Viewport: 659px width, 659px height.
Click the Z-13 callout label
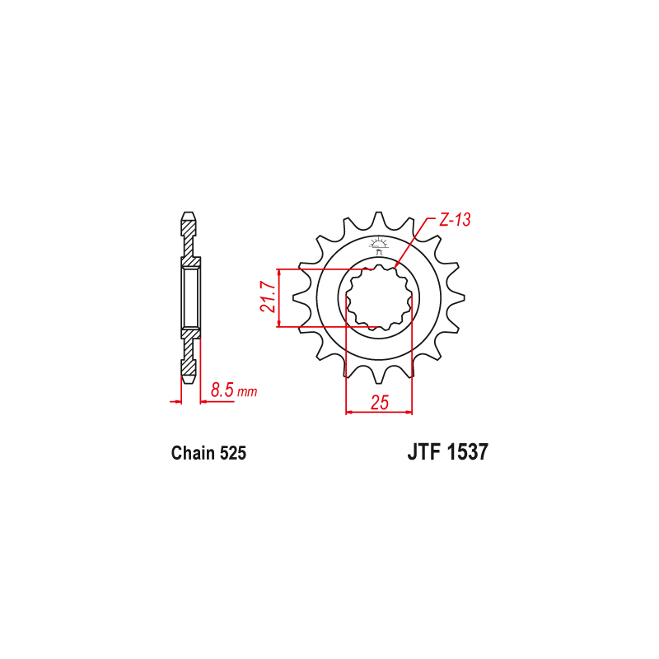coord(453,220)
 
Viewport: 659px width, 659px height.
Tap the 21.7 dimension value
coord(266,297)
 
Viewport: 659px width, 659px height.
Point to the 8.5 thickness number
coord(222,390)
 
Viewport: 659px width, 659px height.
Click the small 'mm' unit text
coord(247,392)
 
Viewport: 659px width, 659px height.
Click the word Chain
coord(192,453)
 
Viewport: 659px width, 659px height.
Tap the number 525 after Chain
coord(231,453)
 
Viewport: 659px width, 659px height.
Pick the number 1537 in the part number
coord(469,452)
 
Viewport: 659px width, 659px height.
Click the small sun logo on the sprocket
coord(380,243)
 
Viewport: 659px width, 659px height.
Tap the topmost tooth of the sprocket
coord(380,218)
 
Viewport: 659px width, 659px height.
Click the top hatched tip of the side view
coord(189,223)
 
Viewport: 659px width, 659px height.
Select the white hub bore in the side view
coord(190,297)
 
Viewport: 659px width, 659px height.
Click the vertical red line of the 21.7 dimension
coord(280,297)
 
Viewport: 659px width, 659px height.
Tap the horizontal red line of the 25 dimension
coord(379,411)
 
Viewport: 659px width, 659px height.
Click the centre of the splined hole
coord(379,297)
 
